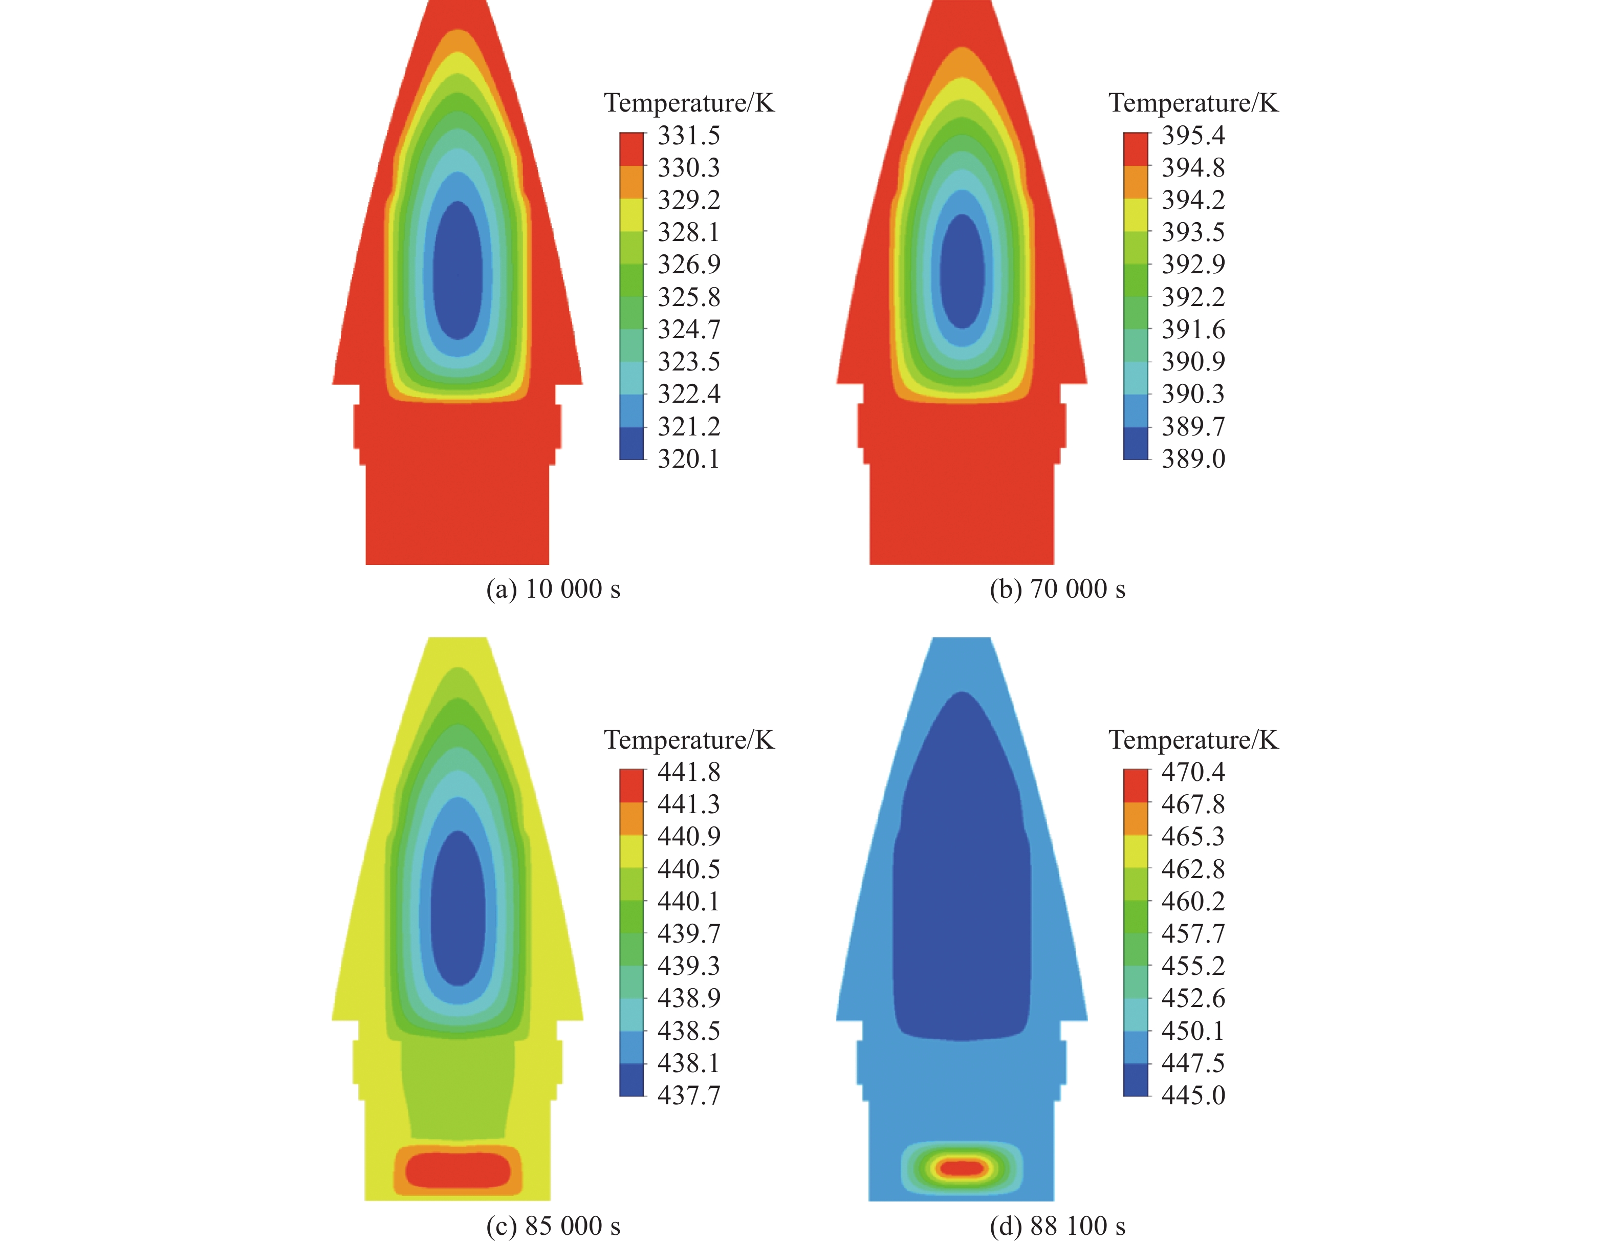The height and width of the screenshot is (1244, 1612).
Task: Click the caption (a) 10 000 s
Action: [x=553, y=589]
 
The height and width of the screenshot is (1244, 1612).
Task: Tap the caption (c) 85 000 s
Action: [x=553, y=1226]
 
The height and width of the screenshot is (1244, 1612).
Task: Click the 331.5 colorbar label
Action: [x=689, y=135]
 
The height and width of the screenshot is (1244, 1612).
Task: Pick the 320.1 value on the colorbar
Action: [x=689, y=459]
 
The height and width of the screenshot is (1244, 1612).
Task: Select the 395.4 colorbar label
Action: [x=1193, y=135]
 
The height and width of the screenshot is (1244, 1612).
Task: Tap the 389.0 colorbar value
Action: [x=1193, y=459]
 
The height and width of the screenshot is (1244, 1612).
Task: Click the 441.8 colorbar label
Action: [x=689, y=772]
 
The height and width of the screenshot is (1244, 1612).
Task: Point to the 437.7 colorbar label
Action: [x=689, y=1095]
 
